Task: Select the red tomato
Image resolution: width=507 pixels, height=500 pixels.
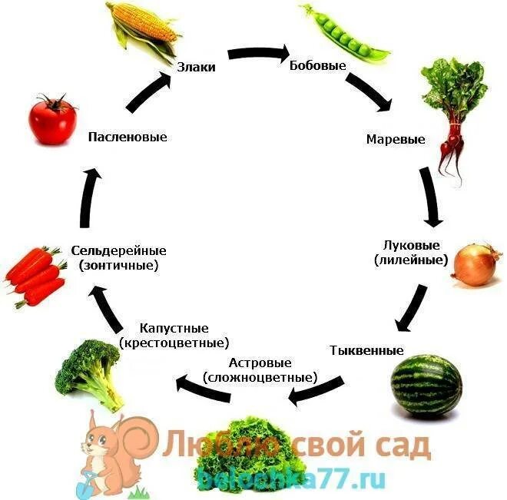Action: coord(53,120)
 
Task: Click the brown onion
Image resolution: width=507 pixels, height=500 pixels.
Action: coord(476,265)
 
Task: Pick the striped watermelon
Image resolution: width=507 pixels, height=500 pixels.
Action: coord(426,385)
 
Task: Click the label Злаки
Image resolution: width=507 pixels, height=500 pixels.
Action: coord(196,67)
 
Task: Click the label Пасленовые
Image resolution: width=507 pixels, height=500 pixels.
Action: coord(128,137)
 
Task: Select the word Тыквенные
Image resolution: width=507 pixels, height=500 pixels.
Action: coord(366,350)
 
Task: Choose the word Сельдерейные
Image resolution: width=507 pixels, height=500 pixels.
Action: coord(118,250)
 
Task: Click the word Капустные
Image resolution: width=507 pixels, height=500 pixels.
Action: coord(175,328)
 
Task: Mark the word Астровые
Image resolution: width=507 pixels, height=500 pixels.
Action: coord(260,362)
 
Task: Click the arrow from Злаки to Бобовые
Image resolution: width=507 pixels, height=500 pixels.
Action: coord(257,54)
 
